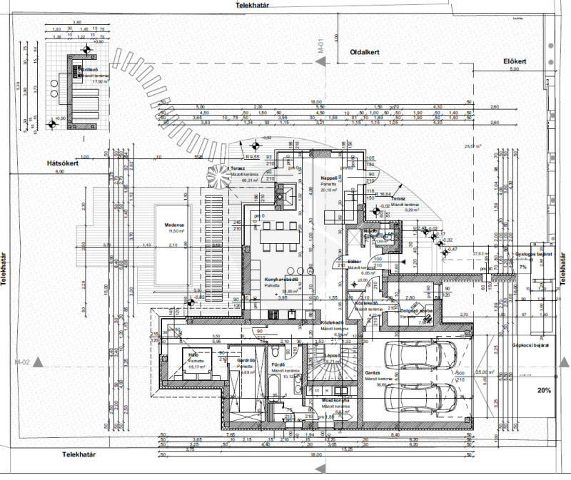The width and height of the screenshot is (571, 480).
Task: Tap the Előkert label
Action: (x=514, y=61)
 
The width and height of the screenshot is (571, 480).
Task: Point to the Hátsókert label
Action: (x=62, y=163)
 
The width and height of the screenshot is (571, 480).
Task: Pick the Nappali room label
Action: (x=328, y=178)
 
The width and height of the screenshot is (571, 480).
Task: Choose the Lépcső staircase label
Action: (x=332, y=354)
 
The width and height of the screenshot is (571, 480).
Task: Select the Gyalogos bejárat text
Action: (x=535, y=253)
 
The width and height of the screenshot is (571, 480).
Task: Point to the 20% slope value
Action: (x=545, y=391)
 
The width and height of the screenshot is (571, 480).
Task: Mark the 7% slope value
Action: (x=522, y=266)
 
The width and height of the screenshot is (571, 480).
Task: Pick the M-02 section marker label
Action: (x=25, y=362)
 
